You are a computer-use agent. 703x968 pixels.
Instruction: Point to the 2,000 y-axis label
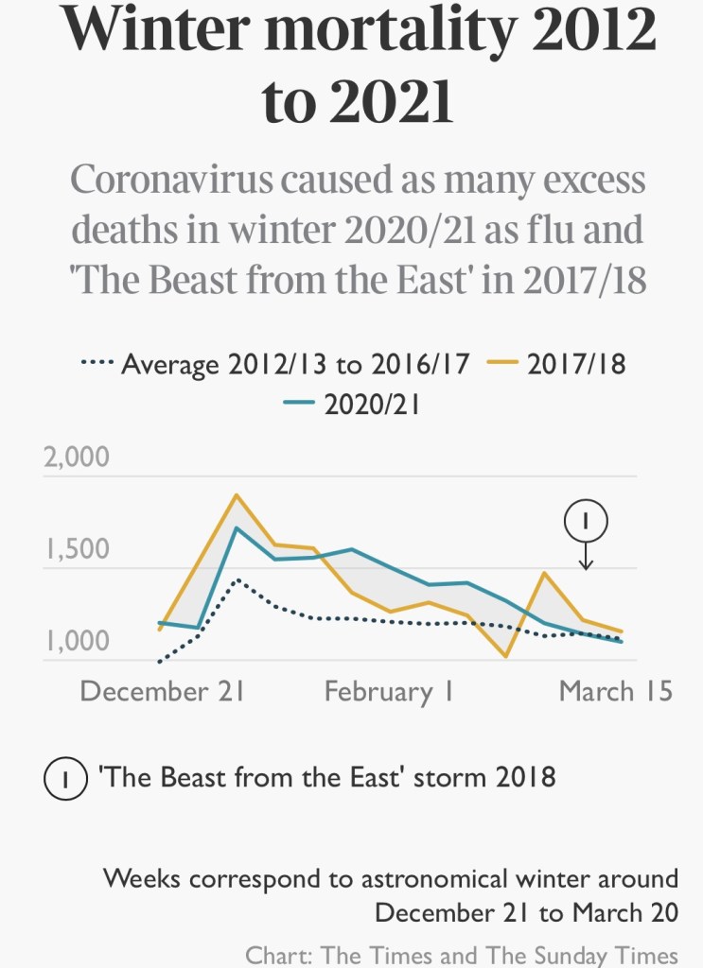click(x=77, y=458)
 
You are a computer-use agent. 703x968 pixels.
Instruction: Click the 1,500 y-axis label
click(x=77, y=551)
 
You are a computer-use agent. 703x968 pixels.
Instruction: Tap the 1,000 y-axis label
click(x=77, y=643)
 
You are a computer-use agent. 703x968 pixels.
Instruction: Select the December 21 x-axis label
click(x=163, y=691)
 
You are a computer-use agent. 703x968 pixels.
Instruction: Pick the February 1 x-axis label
click(x=389, y=691)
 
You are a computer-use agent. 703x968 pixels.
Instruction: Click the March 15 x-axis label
click(x=615, y=691)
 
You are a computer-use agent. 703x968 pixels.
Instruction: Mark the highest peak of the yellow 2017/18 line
click(x=237, y=495)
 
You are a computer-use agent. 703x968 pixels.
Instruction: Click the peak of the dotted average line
click(x=237, y=579)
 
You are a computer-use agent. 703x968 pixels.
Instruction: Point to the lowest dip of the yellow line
click(x=506, y=656)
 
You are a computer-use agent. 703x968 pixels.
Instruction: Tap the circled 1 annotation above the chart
click(x=586, y=520)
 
